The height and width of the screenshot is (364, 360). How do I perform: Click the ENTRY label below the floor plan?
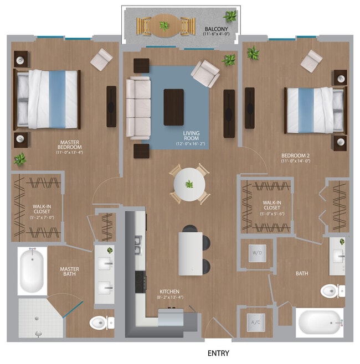coord(218,353)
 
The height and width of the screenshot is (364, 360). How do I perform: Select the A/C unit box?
coord(256,322)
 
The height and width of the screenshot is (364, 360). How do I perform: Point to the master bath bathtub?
coord(32,271)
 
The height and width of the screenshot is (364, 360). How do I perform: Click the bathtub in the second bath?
coord(319,322)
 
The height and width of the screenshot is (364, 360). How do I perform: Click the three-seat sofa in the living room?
coord(138,107)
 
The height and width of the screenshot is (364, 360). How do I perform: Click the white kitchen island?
coord(189,253)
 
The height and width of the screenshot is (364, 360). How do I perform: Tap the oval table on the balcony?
coord(164,25)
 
